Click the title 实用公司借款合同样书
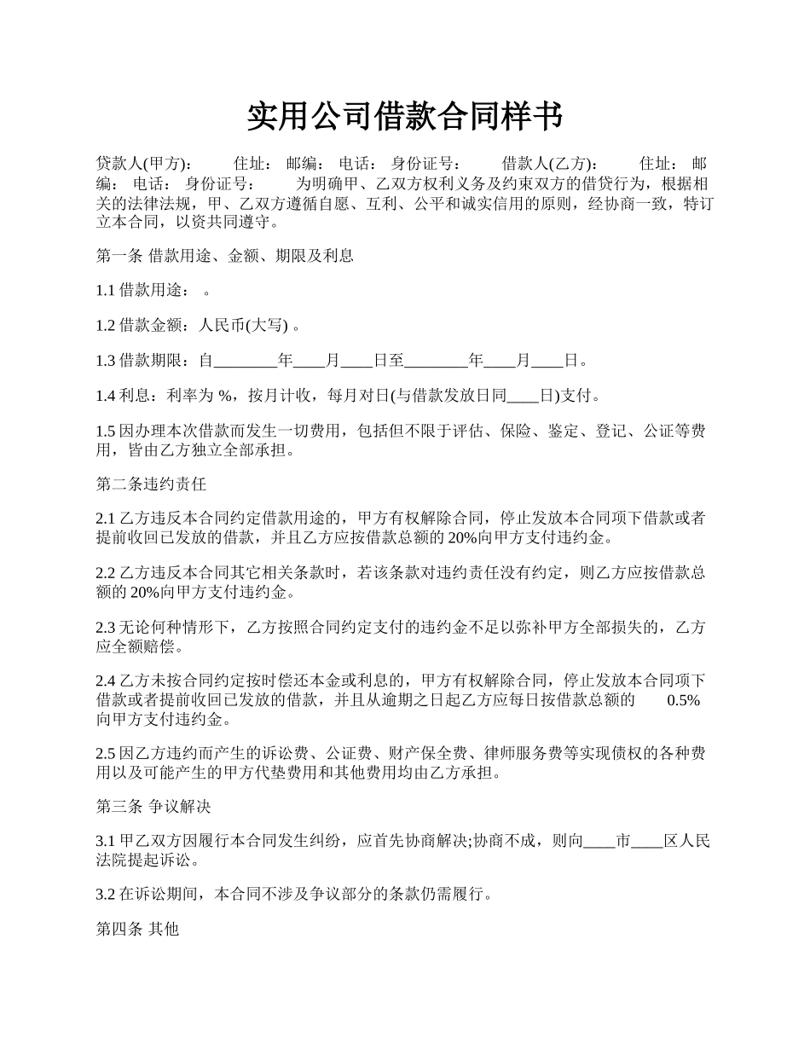click(x=404, y=116)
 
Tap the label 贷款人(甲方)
click(x=143, y=164)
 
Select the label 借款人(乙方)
click(x=550, y=164)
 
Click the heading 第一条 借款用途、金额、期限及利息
click(x=224, y=255)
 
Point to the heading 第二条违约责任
click(x=151, y=484)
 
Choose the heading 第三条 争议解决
click(x=153, y=806)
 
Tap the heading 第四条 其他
click(x=137, y=929)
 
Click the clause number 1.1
click(x=106, y=290)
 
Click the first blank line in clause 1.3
click(x=246, y=361)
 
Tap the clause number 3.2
click(x=106, y=894)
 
